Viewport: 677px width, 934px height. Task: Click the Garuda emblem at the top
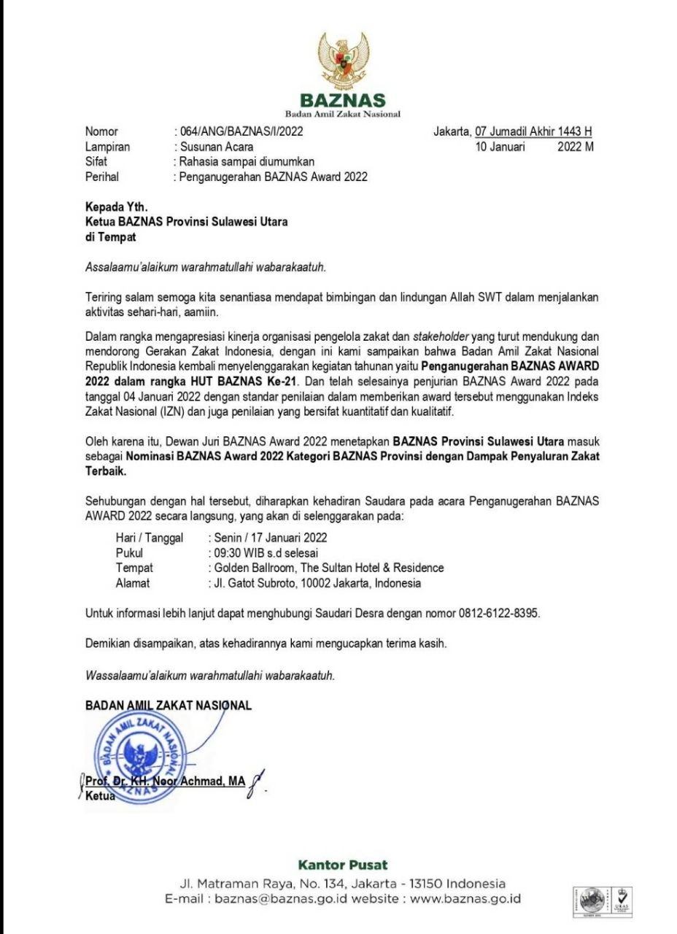[343, 59]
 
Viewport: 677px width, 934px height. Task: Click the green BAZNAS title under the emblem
[343, 101]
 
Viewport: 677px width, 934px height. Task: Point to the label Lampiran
[107, 147]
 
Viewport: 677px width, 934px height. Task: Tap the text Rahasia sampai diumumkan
[247, 161]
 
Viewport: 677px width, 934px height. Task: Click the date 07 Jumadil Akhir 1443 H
[533, 132]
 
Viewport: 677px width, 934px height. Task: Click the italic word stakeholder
[441, 336]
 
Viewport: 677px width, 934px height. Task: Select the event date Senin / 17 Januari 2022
[267, 538]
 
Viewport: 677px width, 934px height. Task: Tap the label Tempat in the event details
[134, 568]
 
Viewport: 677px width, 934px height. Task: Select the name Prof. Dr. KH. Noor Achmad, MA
[166, 781]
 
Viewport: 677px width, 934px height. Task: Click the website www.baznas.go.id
[465, 899]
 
